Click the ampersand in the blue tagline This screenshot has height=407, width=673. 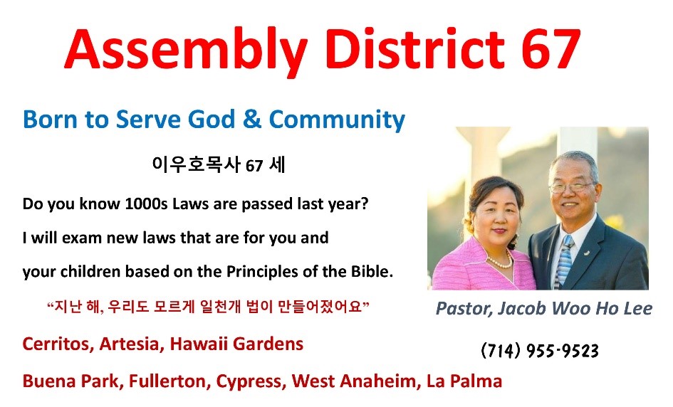coord(252,119)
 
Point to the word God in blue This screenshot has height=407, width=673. coord(212,119)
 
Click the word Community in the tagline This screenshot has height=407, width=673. coord(337,120)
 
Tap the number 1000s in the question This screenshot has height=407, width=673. coord(146,203)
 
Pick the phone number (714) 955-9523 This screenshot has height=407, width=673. coord(540,350)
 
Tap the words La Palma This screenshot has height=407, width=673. coord(464,381)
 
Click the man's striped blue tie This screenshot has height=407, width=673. coord(563,260)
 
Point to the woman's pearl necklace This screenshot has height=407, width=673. coord(501,260)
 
